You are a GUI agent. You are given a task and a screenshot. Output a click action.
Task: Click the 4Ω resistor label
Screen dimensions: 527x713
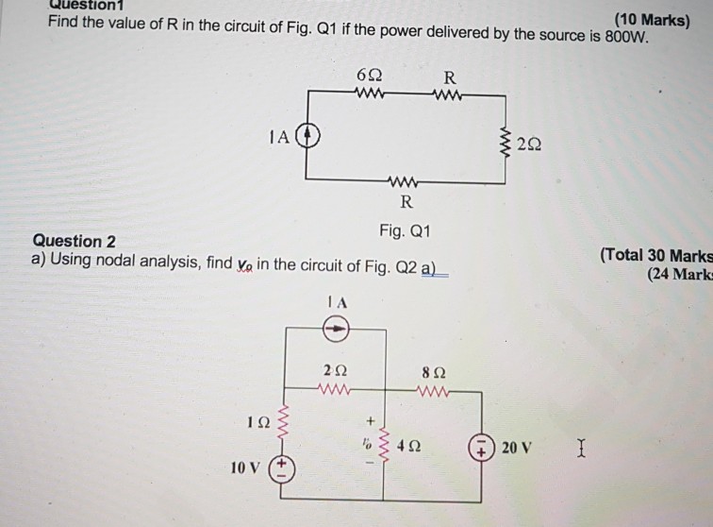point(408,443)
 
